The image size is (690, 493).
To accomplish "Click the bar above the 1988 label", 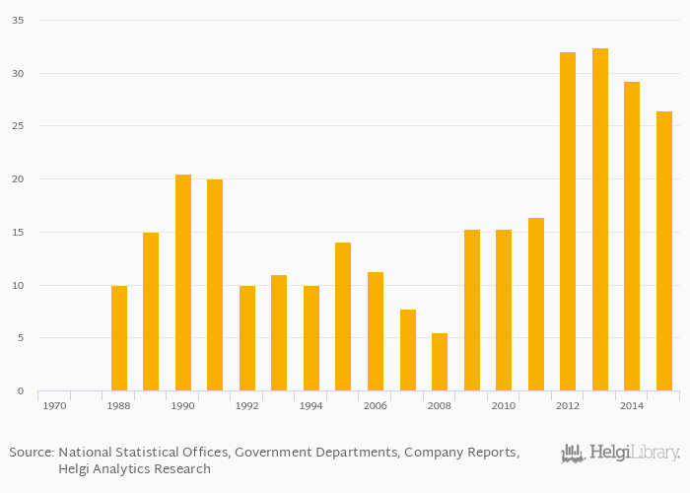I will point(119,338).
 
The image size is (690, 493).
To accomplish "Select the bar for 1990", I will point(183,283).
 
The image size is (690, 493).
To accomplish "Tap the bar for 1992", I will point(247,338).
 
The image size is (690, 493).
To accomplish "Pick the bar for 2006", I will point(376,331).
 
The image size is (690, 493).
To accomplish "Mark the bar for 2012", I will point(568,222).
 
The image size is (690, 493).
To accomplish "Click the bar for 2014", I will point(632,237).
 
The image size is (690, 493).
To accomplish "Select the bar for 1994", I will point(311,338).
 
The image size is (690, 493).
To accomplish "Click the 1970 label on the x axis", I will point(54,405).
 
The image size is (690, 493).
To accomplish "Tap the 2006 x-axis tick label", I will point(375,405).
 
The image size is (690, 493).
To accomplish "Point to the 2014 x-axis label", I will point(631,405).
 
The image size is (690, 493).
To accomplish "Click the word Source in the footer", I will point(31,453).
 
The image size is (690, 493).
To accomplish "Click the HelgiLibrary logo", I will point(620,454).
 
